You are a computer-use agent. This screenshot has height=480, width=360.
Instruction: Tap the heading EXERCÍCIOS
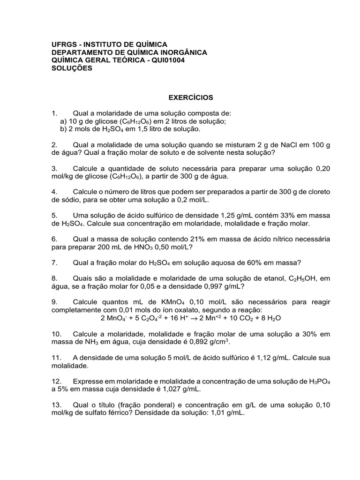191,97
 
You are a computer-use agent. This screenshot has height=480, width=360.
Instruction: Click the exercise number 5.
54,215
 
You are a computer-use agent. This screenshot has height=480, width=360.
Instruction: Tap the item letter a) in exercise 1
64,121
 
